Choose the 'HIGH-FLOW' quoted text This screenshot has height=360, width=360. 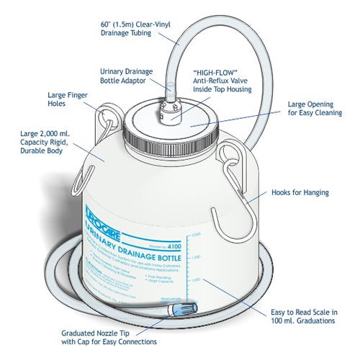tap(214, 73)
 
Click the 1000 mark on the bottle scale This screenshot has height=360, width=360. tap(196, 285)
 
